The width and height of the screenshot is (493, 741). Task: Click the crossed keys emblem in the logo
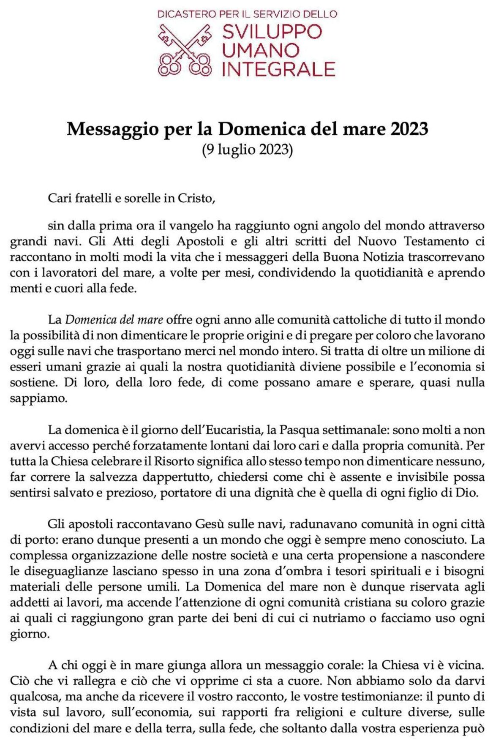click(184, 49)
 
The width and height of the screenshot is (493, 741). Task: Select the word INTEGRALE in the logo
click(278, 69)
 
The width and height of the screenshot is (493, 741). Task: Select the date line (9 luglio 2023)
click(247, 150)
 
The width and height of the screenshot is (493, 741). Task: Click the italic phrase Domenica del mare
click(114, 320)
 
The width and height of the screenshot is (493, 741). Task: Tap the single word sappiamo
click(38, 398)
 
